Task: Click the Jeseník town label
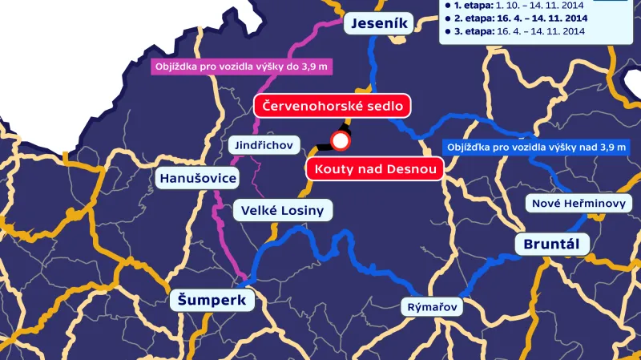(380, 24)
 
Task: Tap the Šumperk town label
(212, 301)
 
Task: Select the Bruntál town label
(551, 243)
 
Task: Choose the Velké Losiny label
(283, 211)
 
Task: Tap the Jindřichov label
(265, 145)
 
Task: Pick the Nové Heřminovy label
(579, 204)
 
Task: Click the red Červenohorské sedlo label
(332, 105)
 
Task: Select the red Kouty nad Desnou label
(375, 169)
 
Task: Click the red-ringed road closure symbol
(341, 142)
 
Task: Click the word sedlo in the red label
(384, 105)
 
